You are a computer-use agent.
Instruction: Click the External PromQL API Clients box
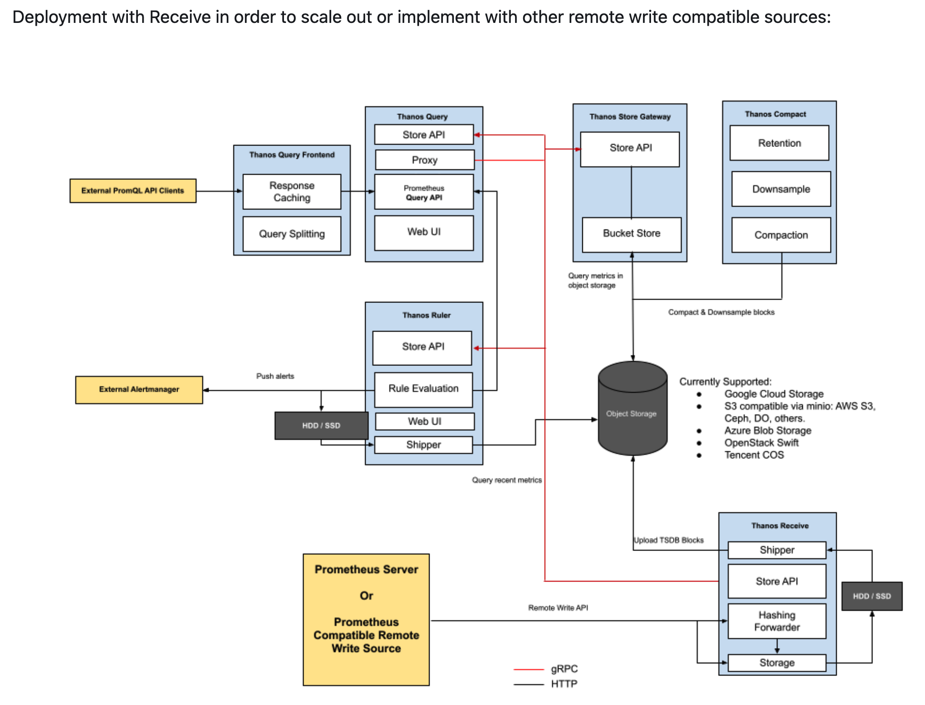pyautogui.click(x=133, y=191)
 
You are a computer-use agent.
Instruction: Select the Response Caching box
pyautogui.click(x=292, y=192)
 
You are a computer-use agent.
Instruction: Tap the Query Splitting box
pyautogui.click(x=292, y=234)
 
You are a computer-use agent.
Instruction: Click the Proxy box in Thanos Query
pyautogui.click(x=424, y=160)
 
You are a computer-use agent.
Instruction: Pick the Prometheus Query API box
pyautogui.click(x=424, y=192)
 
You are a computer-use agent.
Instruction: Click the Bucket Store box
pyautogui.click(x=631, y=234)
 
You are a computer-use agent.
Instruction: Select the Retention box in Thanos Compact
pyautogui.click(x=779, y=143)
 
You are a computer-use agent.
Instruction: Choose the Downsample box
pyautogui.click(x=781, y=189)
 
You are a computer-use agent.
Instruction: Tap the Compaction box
pyautogui.click(x=781, y=235)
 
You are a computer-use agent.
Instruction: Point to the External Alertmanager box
pyautogui.click(x=139, y=390)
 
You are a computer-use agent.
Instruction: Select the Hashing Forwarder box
pyautogui.click(x=777, y=621)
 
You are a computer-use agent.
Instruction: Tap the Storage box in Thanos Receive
pyautogui.click(x=777, y=663)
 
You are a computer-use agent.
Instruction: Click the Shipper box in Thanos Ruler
pyautogui.click(x=423, y=445)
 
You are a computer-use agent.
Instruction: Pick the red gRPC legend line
pyautogui.click(x=528, y=670)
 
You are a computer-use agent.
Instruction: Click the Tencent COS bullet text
pyautogui.click(x=754, y=455)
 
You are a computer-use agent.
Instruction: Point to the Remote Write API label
pyautogui.click(x=558, y=608)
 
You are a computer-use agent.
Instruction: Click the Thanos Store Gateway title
pyautogui.click(x=630, y=117)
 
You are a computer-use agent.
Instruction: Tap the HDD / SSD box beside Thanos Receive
pyautogui.click(x=872, y=596)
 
